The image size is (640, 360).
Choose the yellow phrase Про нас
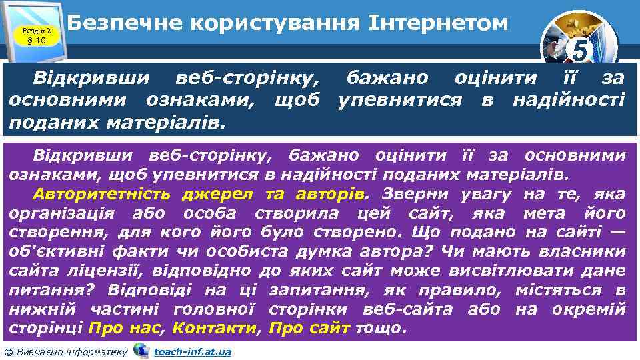129,329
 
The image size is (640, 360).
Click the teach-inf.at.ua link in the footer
192,352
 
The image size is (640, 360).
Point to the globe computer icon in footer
141,351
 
